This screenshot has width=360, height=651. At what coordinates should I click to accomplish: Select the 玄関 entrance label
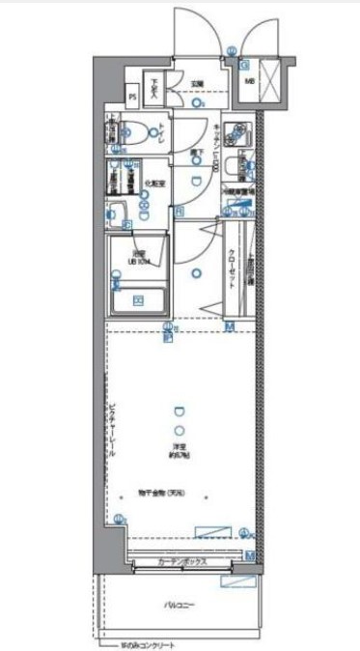click(x=195, y=83)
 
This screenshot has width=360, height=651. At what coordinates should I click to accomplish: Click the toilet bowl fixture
click(x=137, y=135)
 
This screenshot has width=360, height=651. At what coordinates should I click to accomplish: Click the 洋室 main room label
click(x=180, y=446)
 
